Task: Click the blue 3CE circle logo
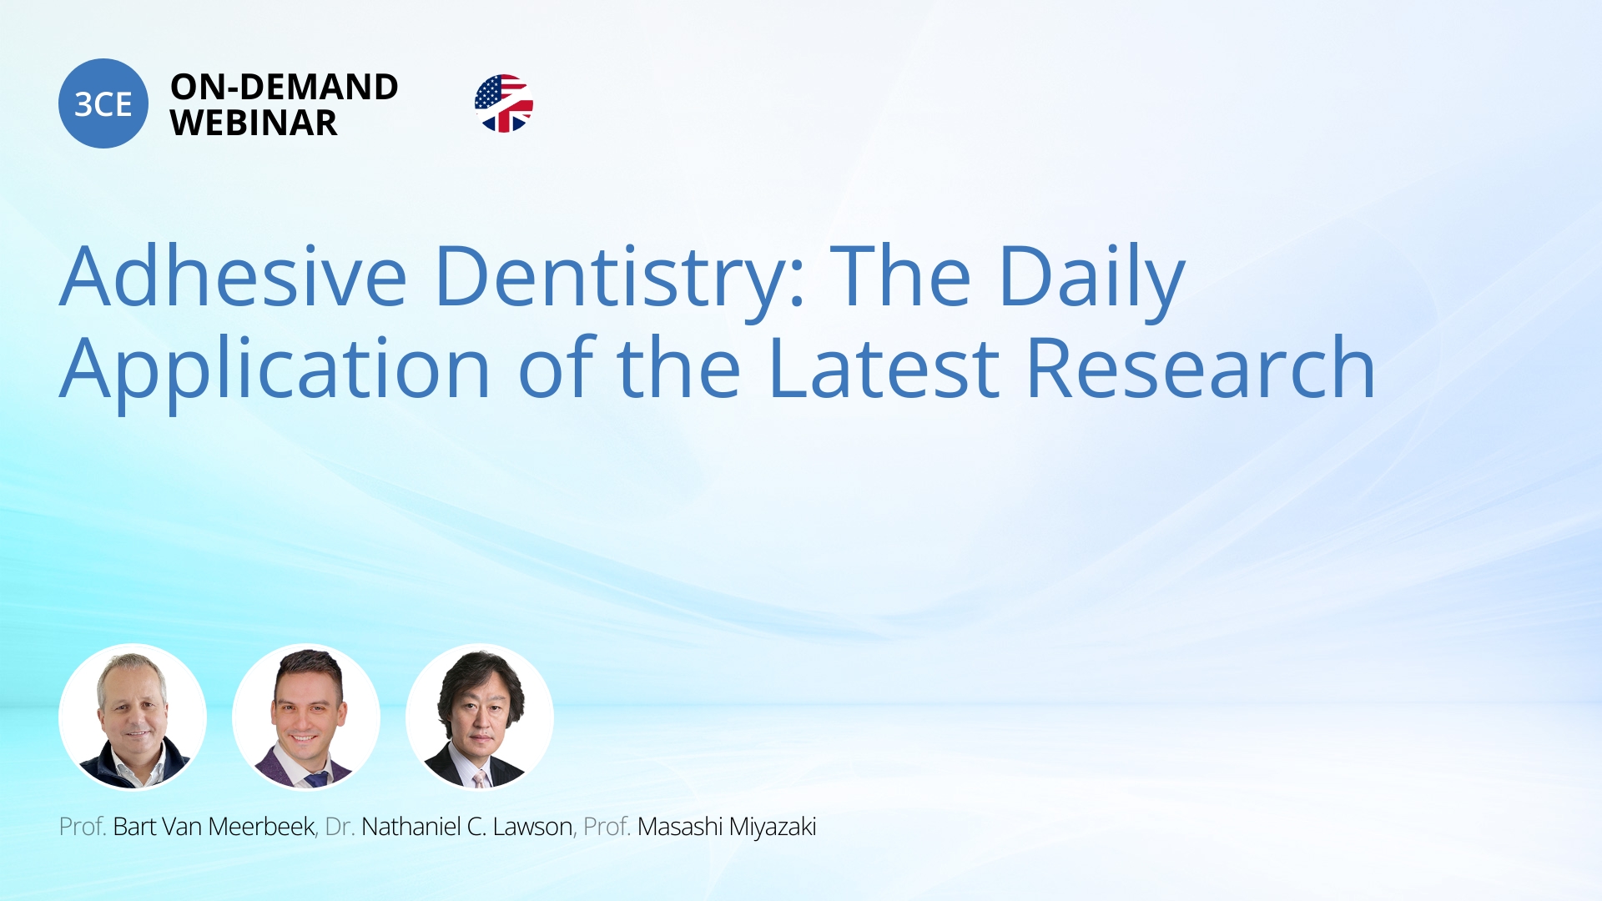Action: click(103, 103)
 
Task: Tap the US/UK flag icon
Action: click(504, 103)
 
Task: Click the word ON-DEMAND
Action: click(285, 87)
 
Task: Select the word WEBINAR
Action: click(254, 123)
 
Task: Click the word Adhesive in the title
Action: click(234, 276)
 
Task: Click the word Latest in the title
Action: click(884, 369)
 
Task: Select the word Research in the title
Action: click(1201, 368)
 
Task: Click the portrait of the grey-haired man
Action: click(133, 717)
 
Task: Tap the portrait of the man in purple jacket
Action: click(306, 717)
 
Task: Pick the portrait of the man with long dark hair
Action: click(480, 717)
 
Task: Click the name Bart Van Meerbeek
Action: click(214, 827)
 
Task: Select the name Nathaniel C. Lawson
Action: click(466, 827)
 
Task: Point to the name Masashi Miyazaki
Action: click(727, 827)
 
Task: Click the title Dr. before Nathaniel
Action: click(340, 827)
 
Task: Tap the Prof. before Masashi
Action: click(607, 827)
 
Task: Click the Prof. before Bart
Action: click(83, 827)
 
